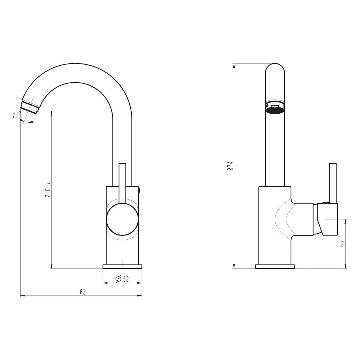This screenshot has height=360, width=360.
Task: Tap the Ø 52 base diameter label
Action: (x=122, y=279)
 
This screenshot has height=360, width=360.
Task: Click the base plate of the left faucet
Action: (x=122, y=266)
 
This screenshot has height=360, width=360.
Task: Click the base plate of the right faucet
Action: (x=275, y=266)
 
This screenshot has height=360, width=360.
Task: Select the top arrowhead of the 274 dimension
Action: (x=234, y=66)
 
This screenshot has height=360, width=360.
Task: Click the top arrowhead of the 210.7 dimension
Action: (x=52, y=113)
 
